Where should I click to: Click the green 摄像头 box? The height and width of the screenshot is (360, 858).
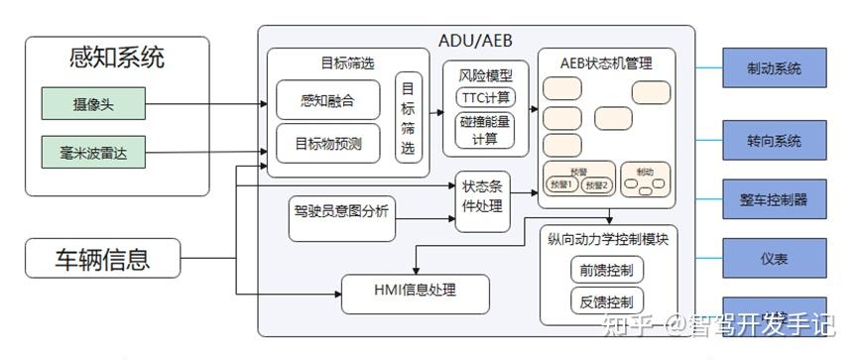(x=92, y=103)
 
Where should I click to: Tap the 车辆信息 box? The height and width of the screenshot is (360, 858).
(x=102, y=260)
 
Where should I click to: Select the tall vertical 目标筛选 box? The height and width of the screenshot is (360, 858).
(x=408, y=118)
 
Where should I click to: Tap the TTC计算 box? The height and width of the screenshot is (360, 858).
(x=485, y=97)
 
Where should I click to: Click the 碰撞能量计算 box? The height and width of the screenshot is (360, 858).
(x=485, y=131)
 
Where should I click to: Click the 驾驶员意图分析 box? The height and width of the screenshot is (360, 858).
(x=342, y=209)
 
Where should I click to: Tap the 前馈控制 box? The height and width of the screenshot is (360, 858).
(x=607, y=270)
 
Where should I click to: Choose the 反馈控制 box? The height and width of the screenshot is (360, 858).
(x=607, y=301)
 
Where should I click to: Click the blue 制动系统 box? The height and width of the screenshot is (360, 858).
(x=774, y=69)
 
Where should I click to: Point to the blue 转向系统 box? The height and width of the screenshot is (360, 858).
(x=774, y=140)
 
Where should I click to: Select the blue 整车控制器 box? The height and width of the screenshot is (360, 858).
(x=774, y=198)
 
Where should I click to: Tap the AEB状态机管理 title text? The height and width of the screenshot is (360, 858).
(x=606, y=63)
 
